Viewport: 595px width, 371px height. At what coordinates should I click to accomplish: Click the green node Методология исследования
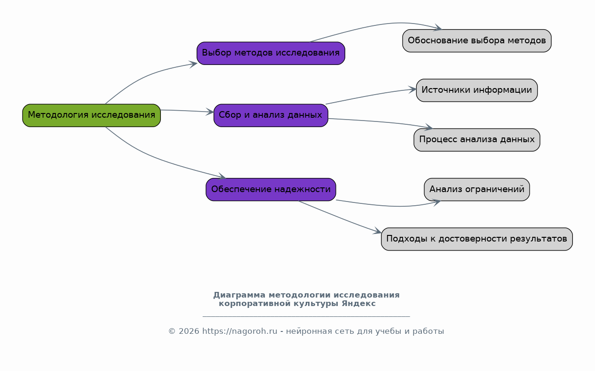click(91, 115)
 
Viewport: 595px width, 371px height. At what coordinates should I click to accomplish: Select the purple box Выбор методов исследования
click(270, 53)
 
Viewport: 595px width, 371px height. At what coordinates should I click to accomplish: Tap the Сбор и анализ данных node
click(270, 115)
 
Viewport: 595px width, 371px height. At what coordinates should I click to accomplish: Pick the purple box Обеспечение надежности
click(270, 189)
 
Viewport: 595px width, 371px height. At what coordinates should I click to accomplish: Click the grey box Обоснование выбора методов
click(476, 40)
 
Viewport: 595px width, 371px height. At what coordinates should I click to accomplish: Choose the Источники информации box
click(476, 90)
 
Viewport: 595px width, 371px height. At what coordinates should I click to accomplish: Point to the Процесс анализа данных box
click(476, 140)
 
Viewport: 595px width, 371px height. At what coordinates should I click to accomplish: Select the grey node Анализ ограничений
click(476, 189)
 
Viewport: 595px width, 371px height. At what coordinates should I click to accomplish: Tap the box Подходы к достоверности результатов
click(476, 239)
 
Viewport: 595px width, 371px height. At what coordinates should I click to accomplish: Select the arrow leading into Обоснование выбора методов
click(376, 25)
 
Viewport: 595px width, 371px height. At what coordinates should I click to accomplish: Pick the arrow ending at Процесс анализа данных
click(381, 122)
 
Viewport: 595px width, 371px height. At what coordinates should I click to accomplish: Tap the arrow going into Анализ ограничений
click(390, 206)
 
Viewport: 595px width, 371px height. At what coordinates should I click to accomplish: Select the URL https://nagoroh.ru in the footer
click(240, 331)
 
